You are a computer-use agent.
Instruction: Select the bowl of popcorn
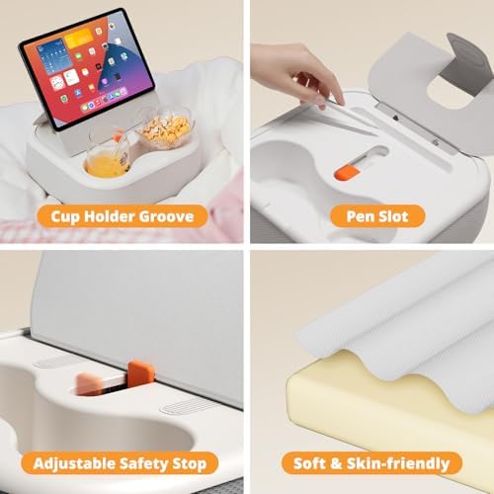[x=165, y=129]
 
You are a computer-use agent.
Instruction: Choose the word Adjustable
[x=77, y=463]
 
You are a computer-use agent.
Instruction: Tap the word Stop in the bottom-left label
[x=190, y=463]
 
